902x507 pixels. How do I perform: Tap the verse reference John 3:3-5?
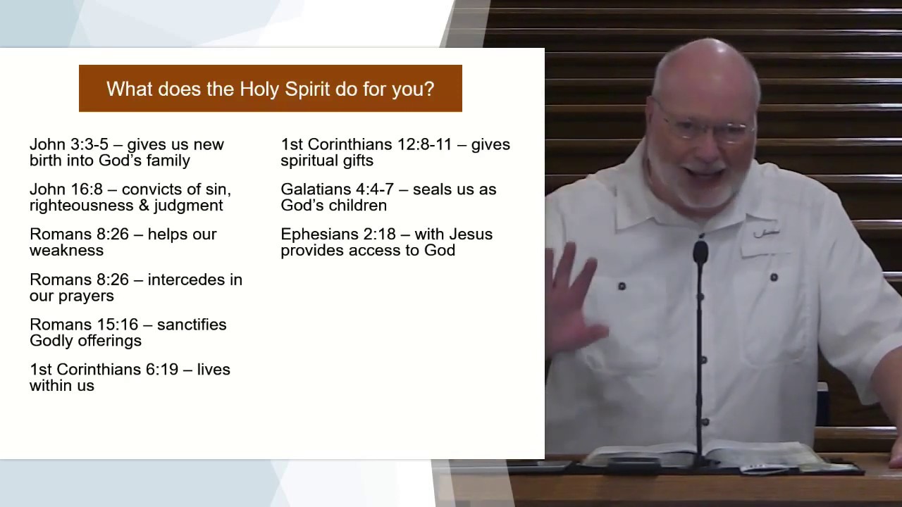click(x=69, y=144)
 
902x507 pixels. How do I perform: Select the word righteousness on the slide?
click(x=81, y=205)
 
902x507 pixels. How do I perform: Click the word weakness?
click(x=66, y=250)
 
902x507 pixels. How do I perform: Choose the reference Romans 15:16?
click(x=84, y=325)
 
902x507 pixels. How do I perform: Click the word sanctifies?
click(x=192, y=325)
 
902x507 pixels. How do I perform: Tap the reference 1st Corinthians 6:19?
click(x=104, y=370)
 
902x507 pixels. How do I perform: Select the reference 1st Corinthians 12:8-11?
click(x=366, y=144)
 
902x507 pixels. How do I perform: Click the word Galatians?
click(x=316, y=189)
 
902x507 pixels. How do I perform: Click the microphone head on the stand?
click(x=700, y=253)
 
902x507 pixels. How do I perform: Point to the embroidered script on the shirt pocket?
click(x=766, y=233)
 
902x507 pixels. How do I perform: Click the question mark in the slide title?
click(x=429, y=89)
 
